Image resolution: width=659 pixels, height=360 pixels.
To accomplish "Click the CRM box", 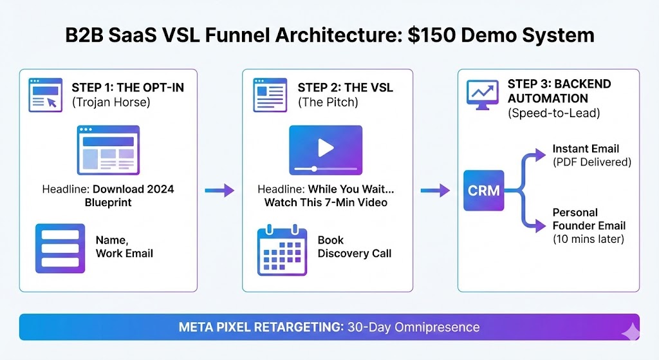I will pos(483,191).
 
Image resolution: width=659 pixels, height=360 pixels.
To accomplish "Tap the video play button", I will pos(325,148).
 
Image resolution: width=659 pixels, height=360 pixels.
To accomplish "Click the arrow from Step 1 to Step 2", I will pos(219,191).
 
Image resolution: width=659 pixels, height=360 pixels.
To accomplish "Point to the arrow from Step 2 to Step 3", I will pos(435,191).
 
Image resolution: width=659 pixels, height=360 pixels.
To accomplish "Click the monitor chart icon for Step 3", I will pos(482,95).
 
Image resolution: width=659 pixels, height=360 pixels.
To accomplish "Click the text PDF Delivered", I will pos(591,162).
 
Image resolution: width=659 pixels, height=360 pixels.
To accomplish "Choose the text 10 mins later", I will pos(588,239).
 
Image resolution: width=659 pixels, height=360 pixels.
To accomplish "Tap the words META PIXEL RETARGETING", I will pos(260,327).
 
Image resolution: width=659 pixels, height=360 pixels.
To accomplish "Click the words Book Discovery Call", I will pos(354,247).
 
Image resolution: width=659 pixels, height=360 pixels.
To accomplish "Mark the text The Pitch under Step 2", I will pos(328,102).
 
